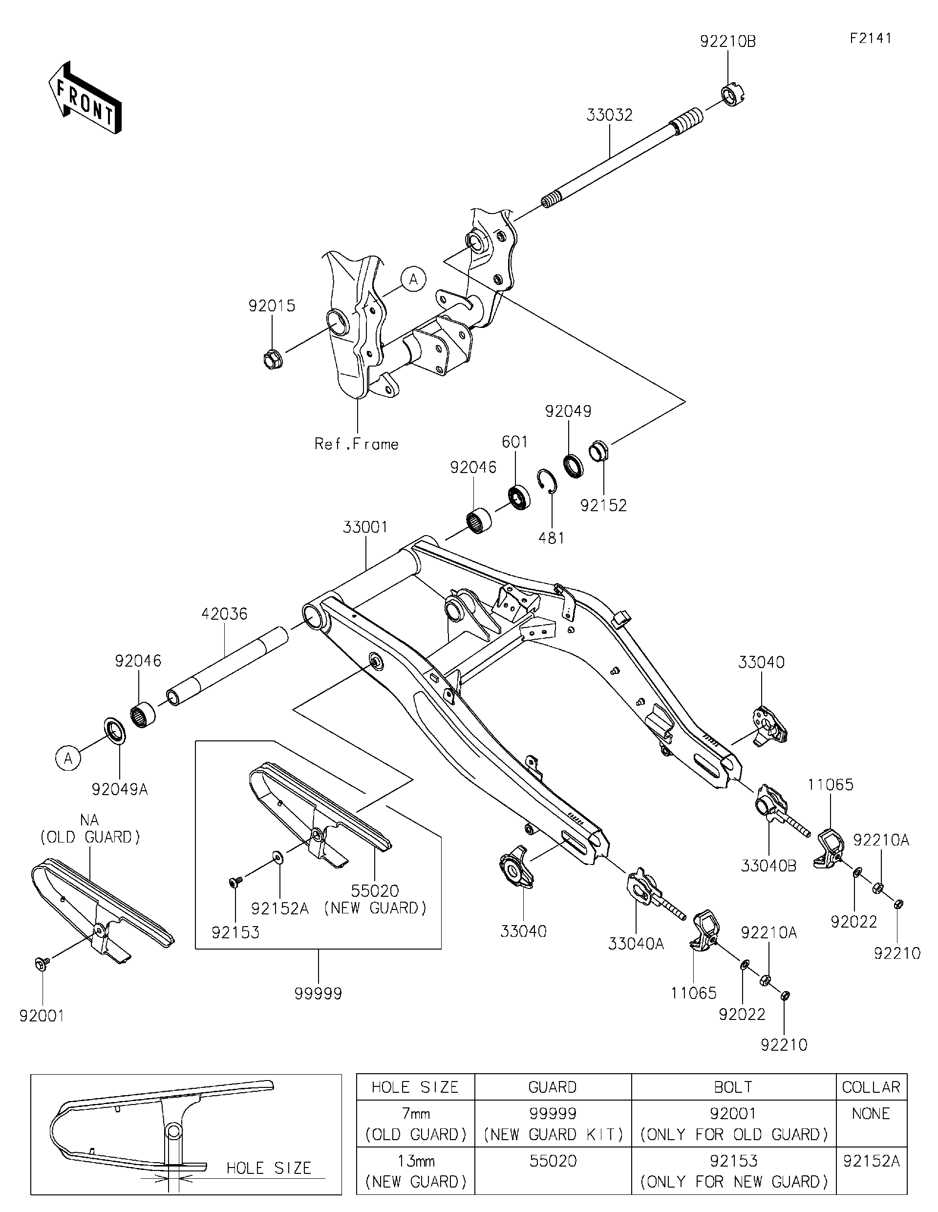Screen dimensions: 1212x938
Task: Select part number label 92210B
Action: (x=727, y=42)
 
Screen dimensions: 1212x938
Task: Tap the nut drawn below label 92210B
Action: (x=733, y=95)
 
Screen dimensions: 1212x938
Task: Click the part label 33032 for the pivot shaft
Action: (x=609, y=115)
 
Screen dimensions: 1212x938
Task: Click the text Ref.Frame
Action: (x=357, y=444)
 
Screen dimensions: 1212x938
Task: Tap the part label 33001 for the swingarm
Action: (x=365, y=527)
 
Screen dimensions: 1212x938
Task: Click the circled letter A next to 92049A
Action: (x=68, y=758)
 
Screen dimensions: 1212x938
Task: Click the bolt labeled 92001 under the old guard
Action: (x=42, y=964)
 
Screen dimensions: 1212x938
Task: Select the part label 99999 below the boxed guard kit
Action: (x=318, y=994)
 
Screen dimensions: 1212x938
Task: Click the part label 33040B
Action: (x=768, y=866)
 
